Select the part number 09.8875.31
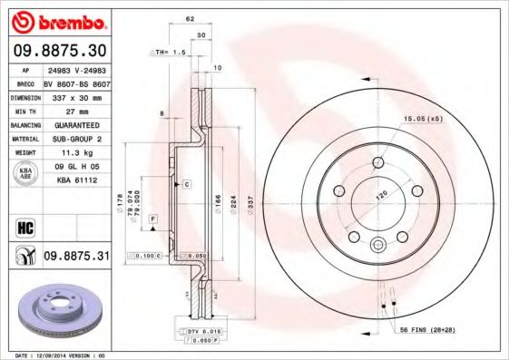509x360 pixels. [x=76, y=257]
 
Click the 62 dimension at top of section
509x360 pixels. [x=190, y=18]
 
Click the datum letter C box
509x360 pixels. [x=186, y=184]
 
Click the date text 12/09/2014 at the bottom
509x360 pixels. [x=64, y=355]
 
